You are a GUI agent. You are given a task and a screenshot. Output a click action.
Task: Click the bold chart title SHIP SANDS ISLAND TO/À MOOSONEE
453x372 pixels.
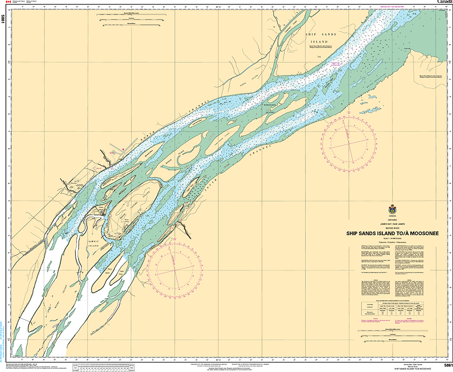[393, 233]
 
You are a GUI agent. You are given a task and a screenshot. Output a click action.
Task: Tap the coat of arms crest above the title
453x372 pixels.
[392, 209]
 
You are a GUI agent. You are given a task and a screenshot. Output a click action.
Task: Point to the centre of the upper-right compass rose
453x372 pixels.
[349, 141]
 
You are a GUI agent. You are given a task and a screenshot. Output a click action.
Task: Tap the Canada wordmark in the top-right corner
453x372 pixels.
[445, 2]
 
